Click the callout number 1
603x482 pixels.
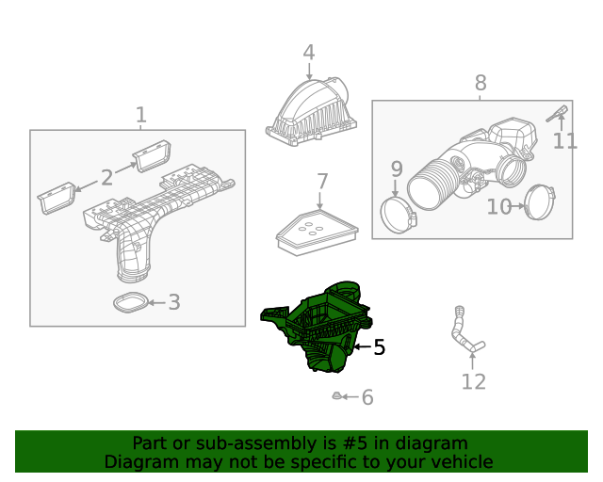(140, 115)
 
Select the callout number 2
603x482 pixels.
(106, 177)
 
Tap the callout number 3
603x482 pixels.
(173, 302)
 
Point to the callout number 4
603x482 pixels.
(308, 53)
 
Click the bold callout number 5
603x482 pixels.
(379, 347)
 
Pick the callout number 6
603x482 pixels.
(367, 398)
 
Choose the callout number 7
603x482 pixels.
(321, 181)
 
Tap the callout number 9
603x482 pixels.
(397, 169)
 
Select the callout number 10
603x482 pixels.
(498, 207)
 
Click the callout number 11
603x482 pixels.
(564, 141)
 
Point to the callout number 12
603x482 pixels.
(473, 381)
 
